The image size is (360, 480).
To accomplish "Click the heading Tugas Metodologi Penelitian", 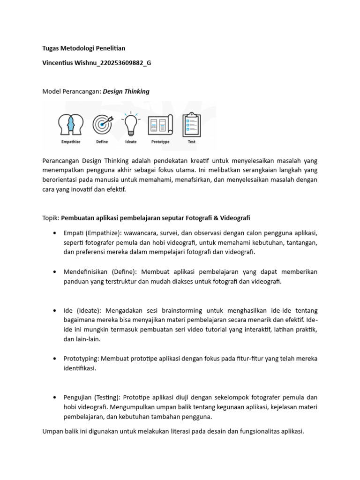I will (84, 48).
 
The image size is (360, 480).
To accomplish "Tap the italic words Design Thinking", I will (126, 91).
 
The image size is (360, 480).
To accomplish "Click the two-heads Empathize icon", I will (70, 125).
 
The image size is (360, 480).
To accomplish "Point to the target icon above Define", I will (103, 125).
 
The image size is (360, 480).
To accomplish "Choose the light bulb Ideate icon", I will (130, 124).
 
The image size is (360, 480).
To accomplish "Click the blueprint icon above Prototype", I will (160, 125).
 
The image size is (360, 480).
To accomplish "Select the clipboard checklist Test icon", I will (191, 125).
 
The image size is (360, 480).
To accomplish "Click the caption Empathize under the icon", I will (71, 142).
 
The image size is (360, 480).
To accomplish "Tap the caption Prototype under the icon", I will (160, 142).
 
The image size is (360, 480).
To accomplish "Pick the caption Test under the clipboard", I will (192, 142).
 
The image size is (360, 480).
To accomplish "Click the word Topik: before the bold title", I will (51, 218).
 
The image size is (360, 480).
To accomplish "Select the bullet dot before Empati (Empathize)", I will (55, 233).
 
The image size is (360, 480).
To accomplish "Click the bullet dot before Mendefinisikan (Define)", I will (55, 272).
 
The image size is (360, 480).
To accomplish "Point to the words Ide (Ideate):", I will (82, 310).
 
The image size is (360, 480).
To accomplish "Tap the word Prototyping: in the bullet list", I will (81, 359).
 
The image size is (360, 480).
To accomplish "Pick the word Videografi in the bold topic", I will (234, 218).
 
